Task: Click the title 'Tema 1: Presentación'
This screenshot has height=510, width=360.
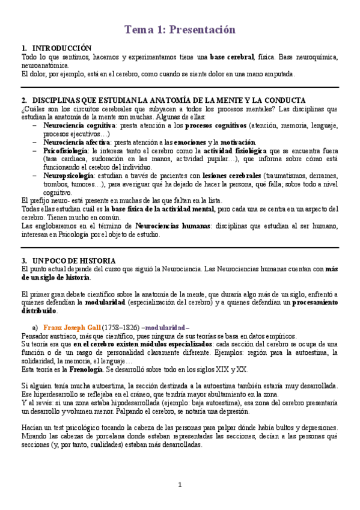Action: pyautogui.click(x=180, y=29)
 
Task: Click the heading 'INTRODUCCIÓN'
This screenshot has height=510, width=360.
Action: pyautogui.click(x=62, y=48)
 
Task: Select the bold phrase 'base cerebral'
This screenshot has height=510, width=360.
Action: pyautogui.click(x=232, y=57)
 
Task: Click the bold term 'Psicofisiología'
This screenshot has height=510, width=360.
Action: pyautogui.click(x=66, y=150)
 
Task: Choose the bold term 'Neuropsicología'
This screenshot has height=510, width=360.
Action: pyautogui.click(x=69, y=175)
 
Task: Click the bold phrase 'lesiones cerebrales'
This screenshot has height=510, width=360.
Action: pyautogui.click(x=231, y=175)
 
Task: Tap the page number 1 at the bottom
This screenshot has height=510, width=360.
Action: pyautogui.click(x=180, y=485)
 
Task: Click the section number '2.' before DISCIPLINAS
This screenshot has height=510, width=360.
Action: pyautogui.click(x=24, y=100)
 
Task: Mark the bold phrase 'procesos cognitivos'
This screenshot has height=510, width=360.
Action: pyautogui.click(x=216, y=125)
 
